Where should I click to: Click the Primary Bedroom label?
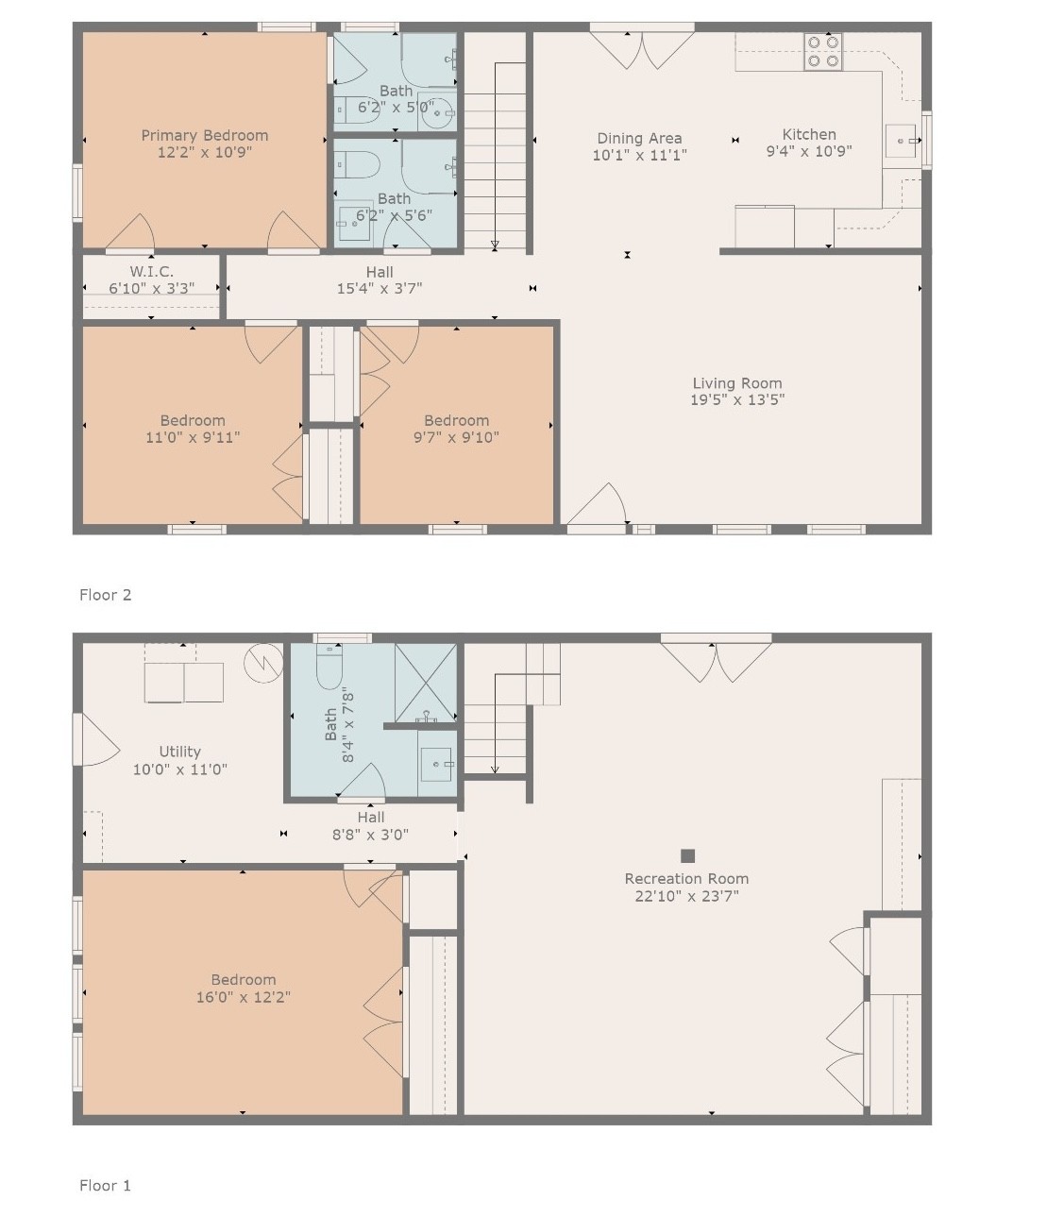pos(205,135)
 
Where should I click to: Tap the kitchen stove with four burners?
pos(822,52)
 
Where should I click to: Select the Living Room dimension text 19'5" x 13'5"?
pos(736,399)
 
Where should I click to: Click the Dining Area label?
pos(639,138)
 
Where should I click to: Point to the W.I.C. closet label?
pos(151,272)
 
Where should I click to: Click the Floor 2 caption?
pos(106,595)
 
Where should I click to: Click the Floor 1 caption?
pos(106,1185)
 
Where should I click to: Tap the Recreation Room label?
pos(686,878)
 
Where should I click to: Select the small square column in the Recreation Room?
pos(688,855)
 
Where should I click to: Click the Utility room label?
pos(179,752)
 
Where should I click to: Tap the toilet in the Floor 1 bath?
pos(329,668)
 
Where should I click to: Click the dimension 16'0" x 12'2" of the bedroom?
pos(243,997)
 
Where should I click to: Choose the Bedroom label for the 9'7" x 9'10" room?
pos(456,420)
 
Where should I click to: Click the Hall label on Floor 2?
pos(380,272)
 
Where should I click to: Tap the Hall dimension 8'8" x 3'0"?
pos(370,835)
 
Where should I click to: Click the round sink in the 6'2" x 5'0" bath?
pos(438,116)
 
